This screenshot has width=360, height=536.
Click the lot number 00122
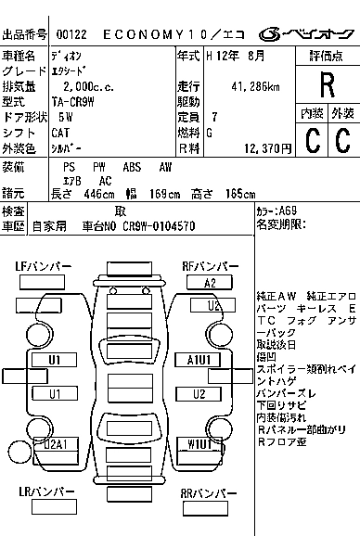pos(71,34)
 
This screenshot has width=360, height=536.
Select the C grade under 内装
pos(312,140)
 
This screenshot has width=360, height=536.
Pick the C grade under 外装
pos(341,140)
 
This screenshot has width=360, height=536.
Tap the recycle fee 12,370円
pos(264,148)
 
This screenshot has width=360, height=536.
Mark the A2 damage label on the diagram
pos(211,283)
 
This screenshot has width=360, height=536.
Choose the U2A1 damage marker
pos(55,445)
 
